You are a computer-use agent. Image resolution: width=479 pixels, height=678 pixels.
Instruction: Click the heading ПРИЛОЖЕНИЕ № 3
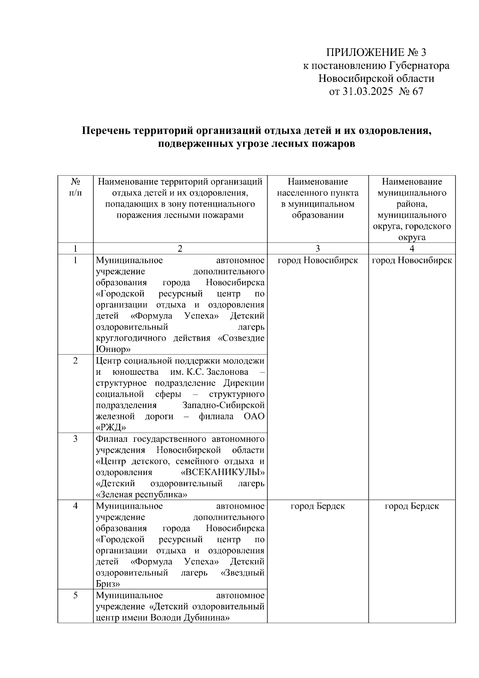coord(376,53)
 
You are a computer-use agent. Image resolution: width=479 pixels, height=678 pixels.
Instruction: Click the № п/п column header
coord(75,187)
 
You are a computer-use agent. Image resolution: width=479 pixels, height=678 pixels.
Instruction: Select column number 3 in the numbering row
coord(317,249)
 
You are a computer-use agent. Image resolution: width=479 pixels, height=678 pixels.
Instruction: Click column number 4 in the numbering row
coord(412,249)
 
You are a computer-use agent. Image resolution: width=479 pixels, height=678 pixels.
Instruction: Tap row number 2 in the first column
coord(75,361)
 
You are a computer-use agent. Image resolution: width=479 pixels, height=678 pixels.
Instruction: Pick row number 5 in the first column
coord(75,595)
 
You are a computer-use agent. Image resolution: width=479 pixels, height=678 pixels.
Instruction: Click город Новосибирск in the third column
coord(317,260)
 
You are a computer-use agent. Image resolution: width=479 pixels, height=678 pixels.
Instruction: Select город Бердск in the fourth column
coord(412,506)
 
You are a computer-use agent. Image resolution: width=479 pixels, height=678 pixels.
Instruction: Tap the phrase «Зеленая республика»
coord(142,495)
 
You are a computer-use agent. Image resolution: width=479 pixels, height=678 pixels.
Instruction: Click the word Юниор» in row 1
coord(113,349)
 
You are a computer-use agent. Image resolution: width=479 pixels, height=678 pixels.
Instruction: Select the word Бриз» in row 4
coord(108,584)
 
